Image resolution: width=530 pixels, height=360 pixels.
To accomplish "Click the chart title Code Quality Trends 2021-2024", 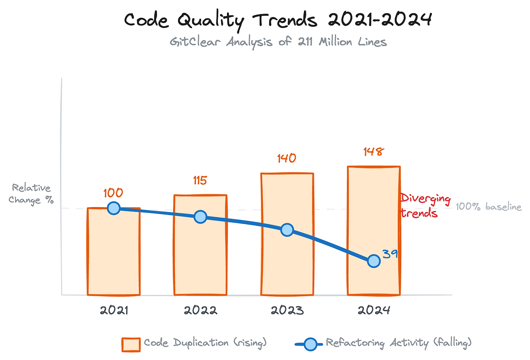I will point(278,20).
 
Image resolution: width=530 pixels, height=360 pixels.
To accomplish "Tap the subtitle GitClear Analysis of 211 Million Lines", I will point(278,42).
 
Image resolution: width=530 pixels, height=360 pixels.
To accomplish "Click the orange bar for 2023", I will point(287,265).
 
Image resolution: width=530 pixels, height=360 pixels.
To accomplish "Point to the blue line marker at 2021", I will point(113,208).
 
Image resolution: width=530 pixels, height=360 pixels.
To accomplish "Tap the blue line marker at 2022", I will point(200,217).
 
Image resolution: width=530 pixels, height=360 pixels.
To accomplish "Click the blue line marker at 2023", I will point(287,230).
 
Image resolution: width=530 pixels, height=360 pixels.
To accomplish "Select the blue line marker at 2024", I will point(373,261).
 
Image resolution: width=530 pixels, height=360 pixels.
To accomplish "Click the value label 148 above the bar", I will point(373,152).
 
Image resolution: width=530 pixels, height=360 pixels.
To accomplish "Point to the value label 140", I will point(287,158).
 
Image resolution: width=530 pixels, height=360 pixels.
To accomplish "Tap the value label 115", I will point(200,180).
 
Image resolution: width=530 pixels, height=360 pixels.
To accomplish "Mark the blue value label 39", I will point(390,254).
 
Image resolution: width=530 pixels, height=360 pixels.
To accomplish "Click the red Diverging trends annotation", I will point(425,206).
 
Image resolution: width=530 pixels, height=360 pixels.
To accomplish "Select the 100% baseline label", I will point(489,207).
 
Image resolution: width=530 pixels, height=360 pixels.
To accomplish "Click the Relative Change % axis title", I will point(31,194).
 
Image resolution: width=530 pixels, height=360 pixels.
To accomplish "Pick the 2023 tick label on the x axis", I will point(287,311).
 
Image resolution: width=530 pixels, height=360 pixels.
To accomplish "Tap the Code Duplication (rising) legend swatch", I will point(131,344).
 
